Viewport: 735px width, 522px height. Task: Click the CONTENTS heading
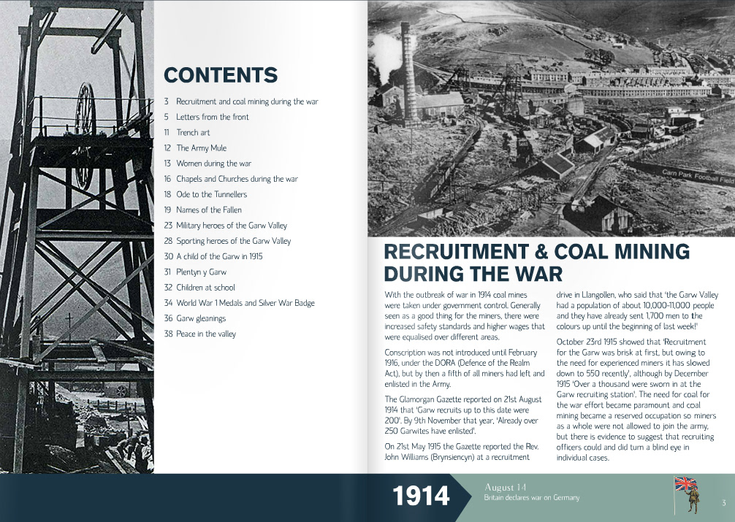pos(221,75)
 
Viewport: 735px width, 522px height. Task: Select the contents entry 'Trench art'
pos(193,133)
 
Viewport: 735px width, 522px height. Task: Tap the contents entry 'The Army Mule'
pos(201,148)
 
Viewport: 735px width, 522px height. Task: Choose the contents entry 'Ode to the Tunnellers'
pos(211,194)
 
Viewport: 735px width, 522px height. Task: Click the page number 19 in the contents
pos(167,210)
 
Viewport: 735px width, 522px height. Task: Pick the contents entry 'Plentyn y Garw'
pos(201,272)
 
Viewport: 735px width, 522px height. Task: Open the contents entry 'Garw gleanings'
pos(201,318)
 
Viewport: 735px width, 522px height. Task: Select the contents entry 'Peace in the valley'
pos(206,334)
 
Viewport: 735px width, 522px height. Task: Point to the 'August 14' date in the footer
pos(505,487)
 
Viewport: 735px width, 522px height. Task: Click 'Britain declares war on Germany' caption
pos(531,498)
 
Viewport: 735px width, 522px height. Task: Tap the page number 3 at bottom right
pos(723,502)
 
